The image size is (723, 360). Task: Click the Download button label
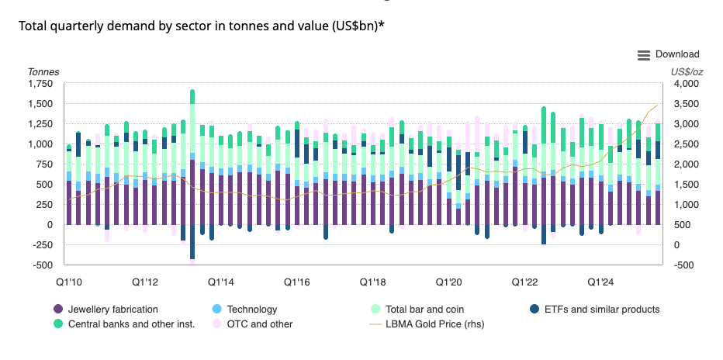pos(677,54)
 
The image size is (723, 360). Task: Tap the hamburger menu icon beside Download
pos(644,55)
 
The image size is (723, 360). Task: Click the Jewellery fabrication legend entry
pos(112,309)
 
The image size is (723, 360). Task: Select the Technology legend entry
pos(252,309)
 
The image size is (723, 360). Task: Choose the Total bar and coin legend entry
pos(424,309)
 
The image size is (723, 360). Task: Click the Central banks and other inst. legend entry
pos(131,324)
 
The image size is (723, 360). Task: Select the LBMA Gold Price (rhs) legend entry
pos(434,324)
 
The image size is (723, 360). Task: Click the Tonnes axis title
pos(43,72)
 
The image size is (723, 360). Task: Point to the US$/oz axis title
pos(687,72)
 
